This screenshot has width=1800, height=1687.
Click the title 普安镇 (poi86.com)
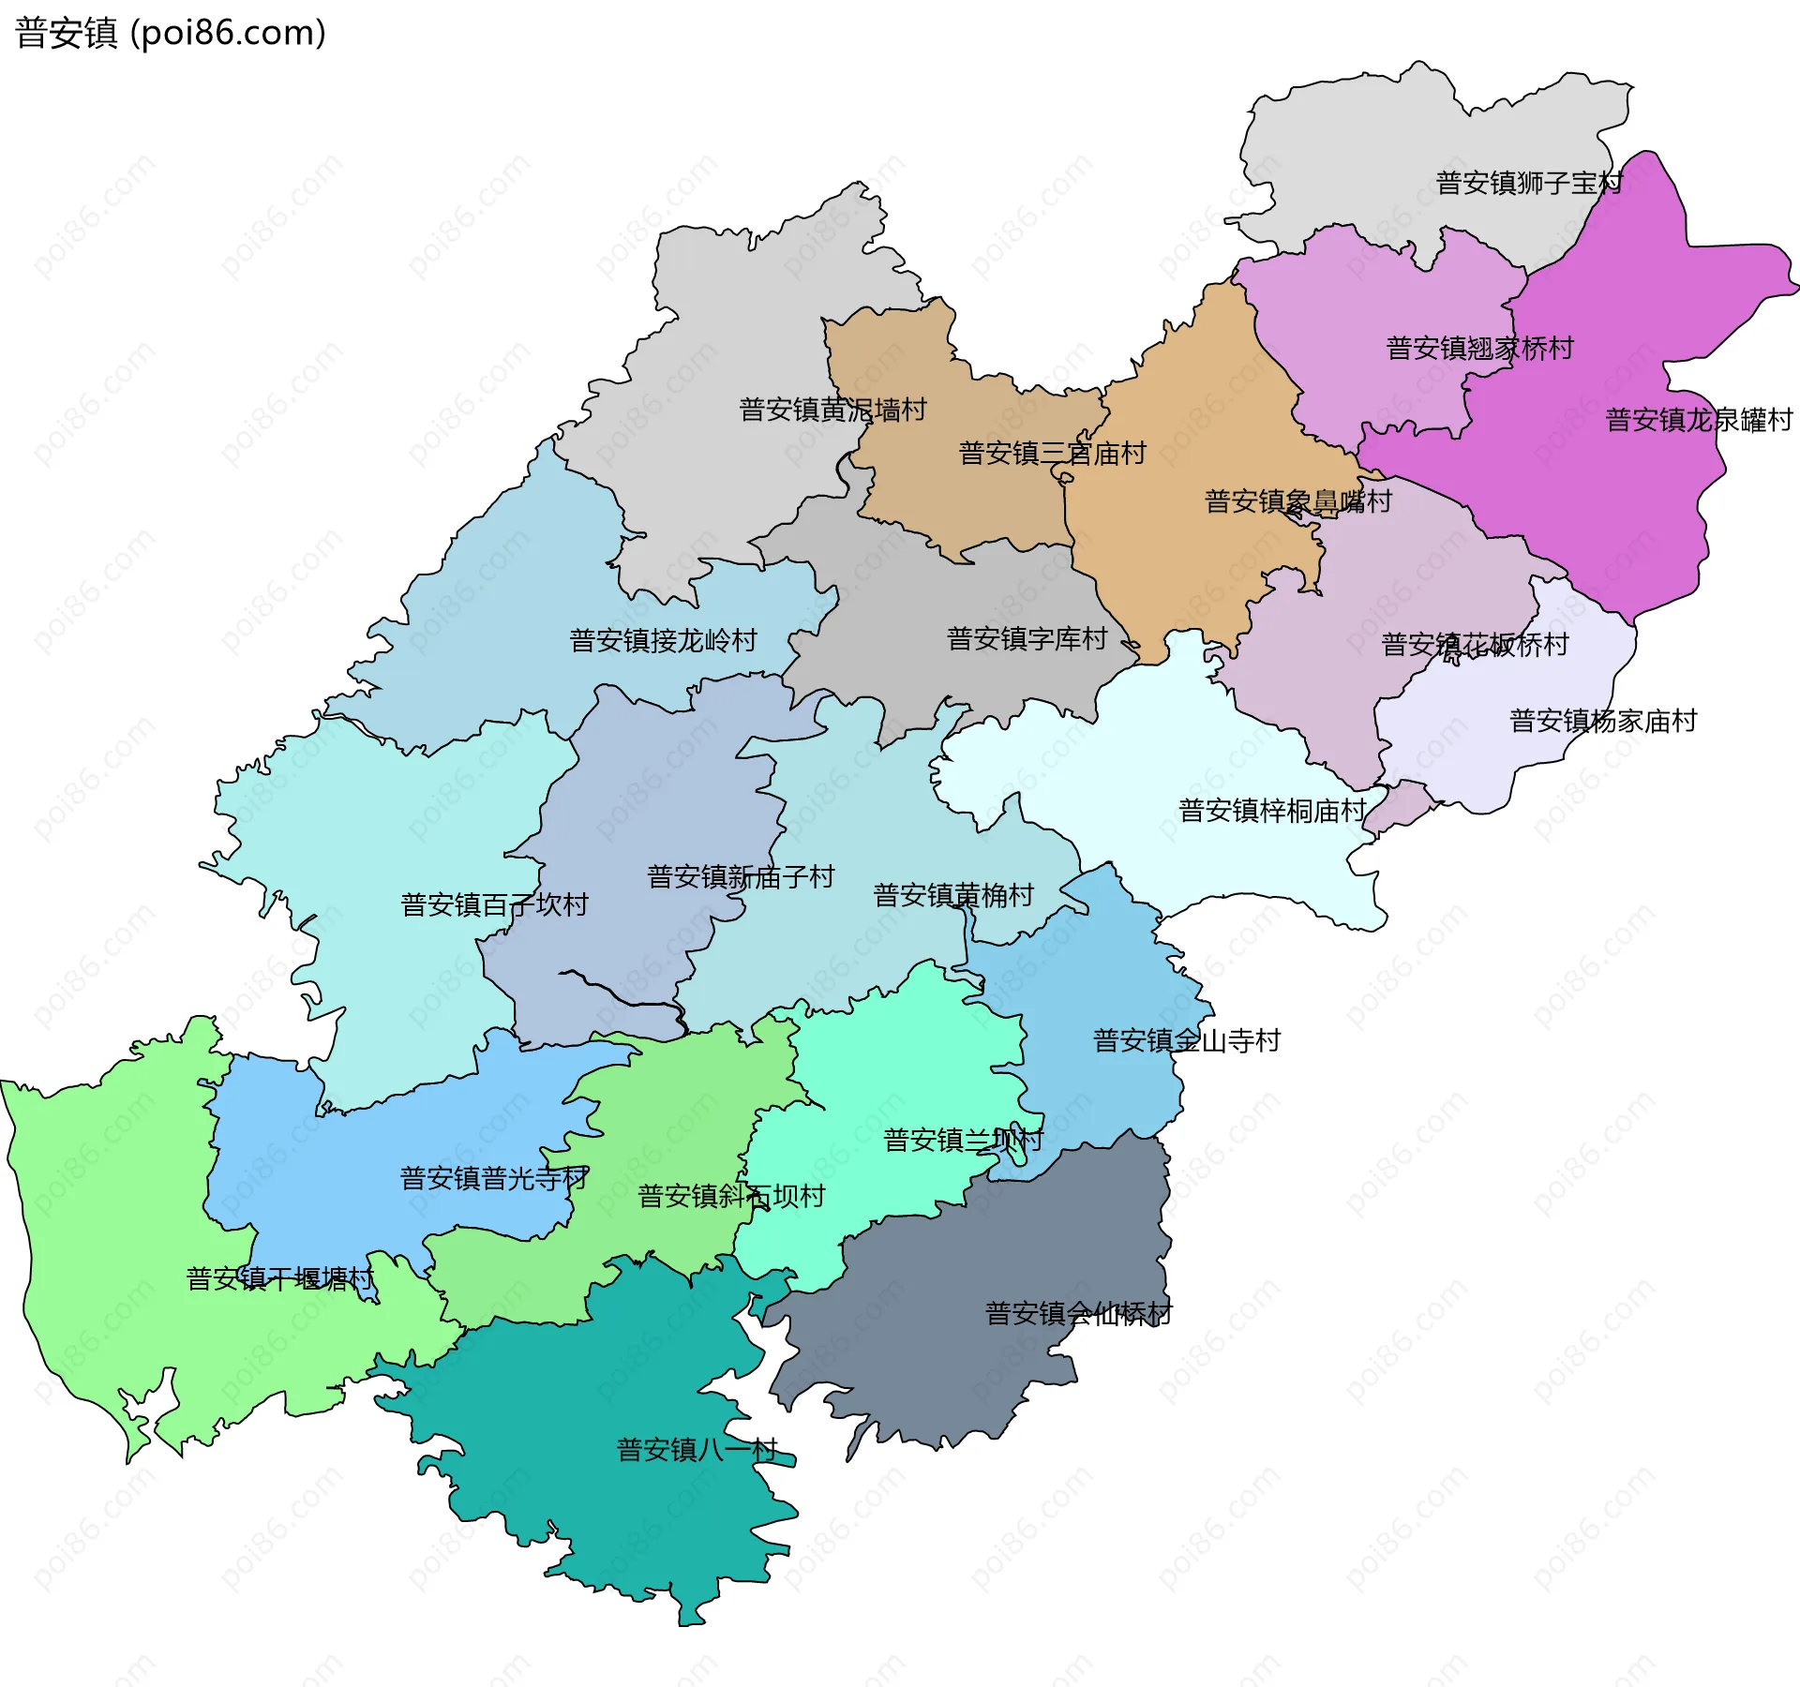pyautogui.click(x=171, y=33)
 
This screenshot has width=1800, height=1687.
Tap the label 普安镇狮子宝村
pyautogui.click(x=1528, y=183)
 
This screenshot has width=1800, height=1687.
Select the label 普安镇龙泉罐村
pyautogui.click(x=1699, y=420)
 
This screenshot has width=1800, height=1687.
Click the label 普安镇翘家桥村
pyautogui.click(x=1479, y=349)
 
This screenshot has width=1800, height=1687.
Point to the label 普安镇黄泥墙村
pyautogui.click(x=832, y=410)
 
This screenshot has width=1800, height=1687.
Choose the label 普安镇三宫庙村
pyautogui.click(x=1052, y=454)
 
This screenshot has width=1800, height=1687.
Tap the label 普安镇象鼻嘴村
pyautogui.click(x=1297, y=501)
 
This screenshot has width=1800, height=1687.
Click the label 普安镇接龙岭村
pyautogui.click(x=663, y=641)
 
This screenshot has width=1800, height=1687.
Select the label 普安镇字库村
pyautogui.click(x=1027, y=639)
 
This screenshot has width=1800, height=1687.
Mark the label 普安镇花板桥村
pyautogui.click(x=1474, y=645)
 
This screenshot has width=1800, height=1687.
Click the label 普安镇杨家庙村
pyautogui.click(x=1603, y=721)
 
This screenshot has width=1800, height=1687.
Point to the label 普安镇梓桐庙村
pyautogui.click(x=1271, y=811)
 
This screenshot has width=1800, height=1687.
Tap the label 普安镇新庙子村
pyautogui.click(x=741, y=877)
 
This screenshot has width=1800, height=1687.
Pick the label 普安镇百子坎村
pyautogui.click(x=494, y=905)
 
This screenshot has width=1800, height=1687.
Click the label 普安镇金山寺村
pyautogui.click(x=1186, y=1040)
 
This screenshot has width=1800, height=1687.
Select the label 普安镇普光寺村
pyautogui.click(x=494, y=1178)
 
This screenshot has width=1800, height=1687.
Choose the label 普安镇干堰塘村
pyautogui.click(x=279, y=1278)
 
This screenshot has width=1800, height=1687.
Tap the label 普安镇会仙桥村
pyautogui.click(x=1078, y=1313)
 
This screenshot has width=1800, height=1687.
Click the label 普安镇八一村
pyautogui.click(x=697, y=1450)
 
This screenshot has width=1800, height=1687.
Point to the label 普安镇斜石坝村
pyautogui.click(x=731, y=1196)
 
